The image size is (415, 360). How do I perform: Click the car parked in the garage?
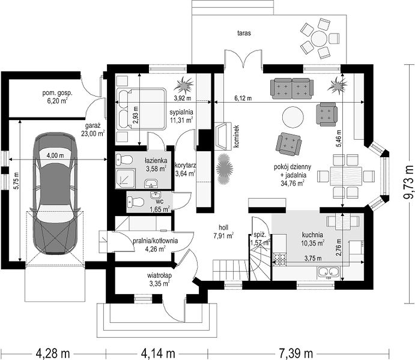[x=55, y=193]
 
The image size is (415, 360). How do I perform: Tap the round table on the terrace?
[x=319, y=38]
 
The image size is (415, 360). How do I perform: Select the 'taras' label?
[x=244, y=34]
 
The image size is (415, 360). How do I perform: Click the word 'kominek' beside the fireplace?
[x=237, y=136]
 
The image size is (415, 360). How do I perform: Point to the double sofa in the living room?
[x=292, y=88]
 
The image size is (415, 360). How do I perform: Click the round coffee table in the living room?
[x=293, y=117]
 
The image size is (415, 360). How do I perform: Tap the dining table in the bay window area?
[x=346, y=176]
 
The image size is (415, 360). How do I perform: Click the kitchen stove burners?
[x=279, y=259]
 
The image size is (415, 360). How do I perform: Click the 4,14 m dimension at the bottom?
[x=158, y=353]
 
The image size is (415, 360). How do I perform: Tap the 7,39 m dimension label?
[x=295, y=353]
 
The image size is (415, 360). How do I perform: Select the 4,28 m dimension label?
[x=53, y=353]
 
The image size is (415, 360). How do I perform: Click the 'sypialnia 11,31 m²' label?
[x=181, y=116]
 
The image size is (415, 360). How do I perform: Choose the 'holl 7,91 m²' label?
[x=223, y=231]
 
